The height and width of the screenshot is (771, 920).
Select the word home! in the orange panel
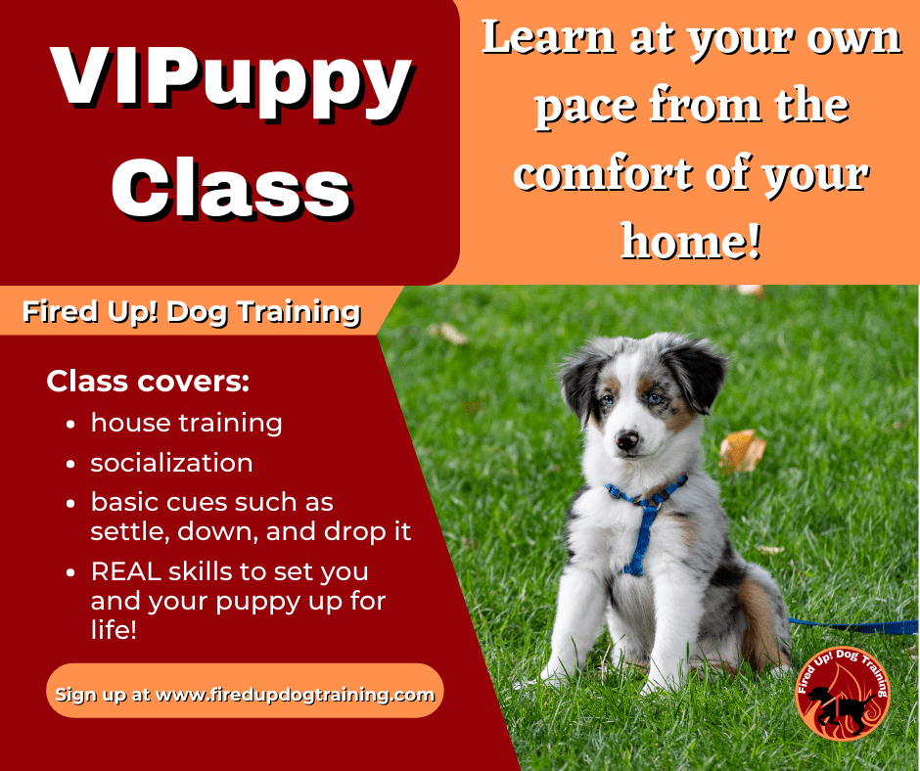point(691,241)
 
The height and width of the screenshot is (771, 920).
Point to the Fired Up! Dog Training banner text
point(191,311)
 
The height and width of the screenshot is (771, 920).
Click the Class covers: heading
point(148,382)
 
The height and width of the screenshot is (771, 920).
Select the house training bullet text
point(187,423)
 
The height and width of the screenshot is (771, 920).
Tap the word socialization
point(171,463)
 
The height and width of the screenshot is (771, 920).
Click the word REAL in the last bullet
point(125,571)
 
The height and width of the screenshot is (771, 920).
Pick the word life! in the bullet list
point(114,629)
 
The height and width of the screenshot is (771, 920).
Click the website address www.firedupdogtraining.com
point(296,695)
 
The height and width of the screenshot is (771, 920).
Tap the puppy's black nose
point(626,439)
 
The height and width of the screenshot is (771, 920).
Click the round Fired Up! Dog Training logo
point(843,694)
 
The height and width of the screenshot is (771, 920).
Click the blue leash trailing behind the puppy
point(853,625)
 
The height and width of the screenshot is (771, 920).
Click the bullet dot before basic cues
point(71,504)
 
